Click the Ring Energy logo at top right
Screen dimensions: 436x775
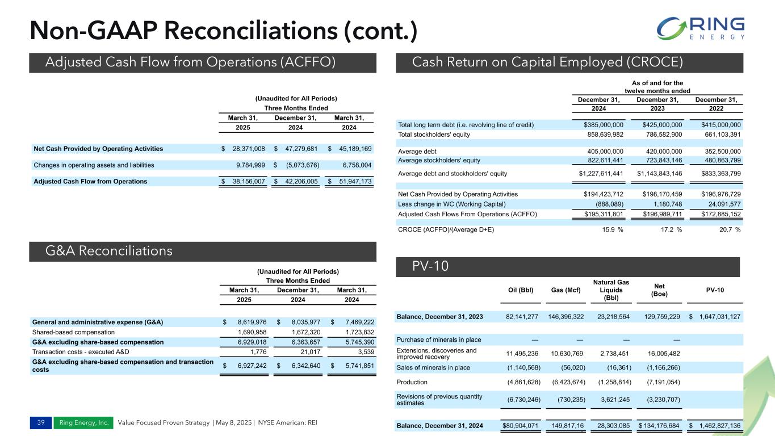pyautogui.click(x=701, y=28)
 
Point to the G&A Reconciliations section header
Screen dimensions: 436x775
pyautogui.click(x=109, y=251)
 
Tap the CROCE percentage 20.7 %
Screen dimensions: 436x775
pyautogui.click(x=727, y=229)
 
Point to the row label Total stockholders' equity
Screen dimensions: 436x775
pyautogui.click(x=434, y=135)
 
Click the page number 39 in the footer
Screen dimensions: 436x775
pyautogui.click(x=41, y=422)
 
